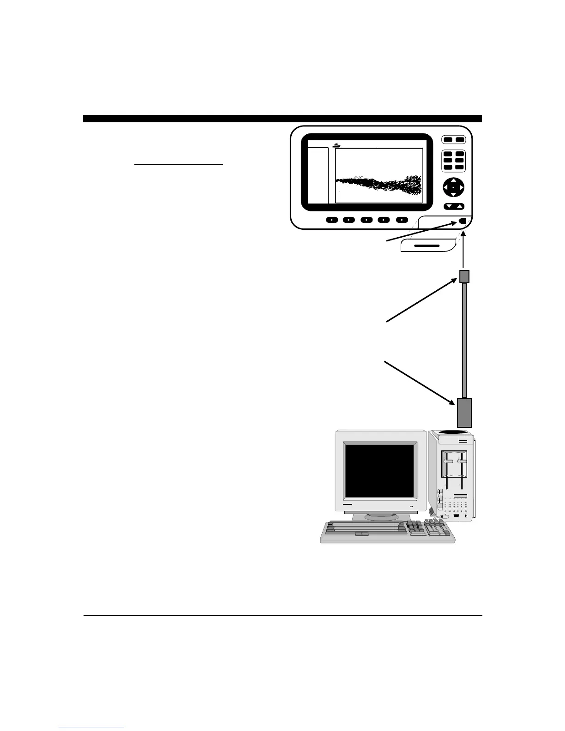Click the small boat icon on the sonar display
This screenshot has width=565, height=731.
(x=336, y=145)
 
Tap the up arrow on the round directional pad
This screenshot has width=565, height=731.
(x=454, y=181)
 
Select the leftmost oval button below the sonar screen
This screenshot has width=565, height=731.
(x=332, y=220)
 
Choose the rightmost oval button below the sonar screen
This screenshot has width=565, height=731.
(x=402, y=220)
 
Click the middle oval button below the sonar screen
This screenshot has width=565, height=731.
(x=367, y=220)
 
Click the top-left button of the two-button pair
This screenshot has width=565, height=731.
(x=448, y=140)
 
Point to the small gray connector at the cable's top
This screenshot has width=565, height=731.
(x=464, y=276)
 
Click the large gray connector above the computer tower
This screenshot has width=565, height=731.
(x=464, y=412)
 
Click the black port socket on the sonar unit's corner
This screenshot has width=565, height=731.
(x=463, y=222)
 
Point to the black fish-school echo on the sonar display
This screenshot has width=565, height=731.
(x=379, y=185)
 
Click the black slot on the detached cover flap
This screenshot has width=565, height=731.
(x=427, y=246)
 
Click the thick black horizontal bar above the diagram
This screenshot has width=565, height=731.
(x=282, y=119)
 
